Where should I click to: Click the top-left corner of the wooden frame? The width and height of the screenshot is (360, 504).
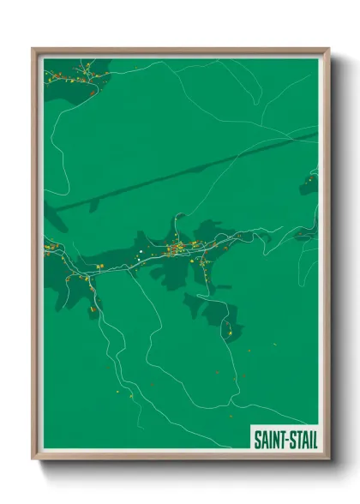pyautogui.click(x=33, y=49)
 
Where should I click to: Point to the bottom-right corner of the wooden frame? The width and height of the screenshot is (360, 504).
pyautogui.click(x=328, y=459)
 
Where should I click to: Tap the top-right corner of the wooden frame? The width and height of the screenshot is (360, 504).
pyautogui.click(x=328, y=49)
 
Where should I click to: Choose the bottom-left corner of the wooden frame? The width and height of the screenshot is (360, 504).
pyautogui.click(x=33, y=459)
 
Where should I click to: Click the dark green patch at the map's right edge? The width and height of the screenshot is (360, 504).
pyautogui.click(x=309, y=184)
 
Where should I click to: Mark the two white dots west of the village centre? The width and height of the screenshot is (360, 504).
pyautogui.click(x=138, y=253)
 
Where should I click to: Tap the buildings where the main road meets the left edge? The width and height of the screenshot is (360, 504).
pyautogui.click(x=50, y=249)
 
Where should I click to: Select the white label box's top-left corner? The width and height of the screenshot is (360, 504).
pyautogui.click(x=250, y=427)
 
